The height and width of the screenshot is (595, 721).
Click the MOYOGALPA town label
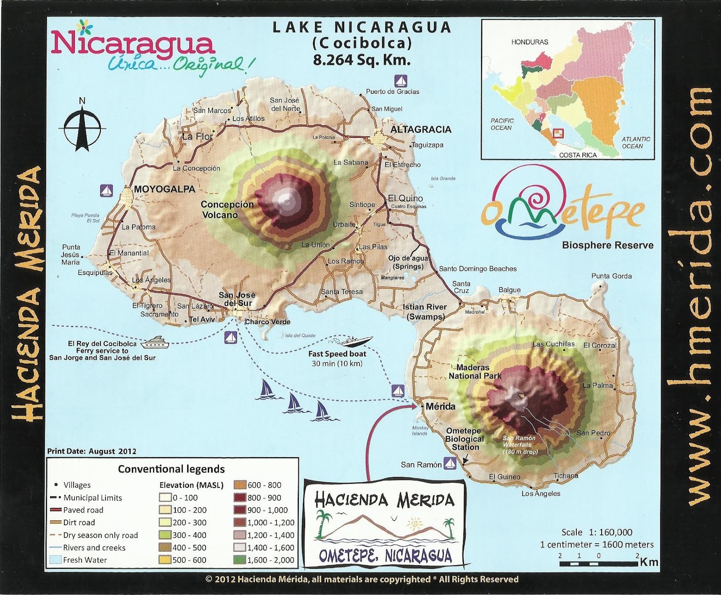coord(164,189)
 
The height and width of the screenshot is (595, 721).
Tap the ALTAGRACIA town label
coord(420,130)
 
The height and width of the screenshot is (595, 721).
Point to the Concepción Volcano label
coord(227,210)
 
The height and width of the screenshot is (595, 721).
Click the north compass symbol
coord(82,125)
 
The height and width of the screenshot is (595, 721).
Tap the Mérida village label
coord(440,407)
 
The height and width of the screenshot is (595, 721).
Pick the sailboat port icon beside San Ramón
coord(450,463)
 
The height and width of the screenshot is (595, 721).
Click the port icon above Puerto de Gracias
coord(401,81)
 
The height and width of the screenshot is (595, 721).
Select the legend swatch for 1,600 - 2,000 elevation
coord(240,560)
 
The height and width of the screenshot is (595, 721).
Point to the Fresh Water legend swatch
coord(56,560)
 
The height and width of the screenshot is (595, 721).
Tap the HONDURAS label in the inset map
coord(529,42)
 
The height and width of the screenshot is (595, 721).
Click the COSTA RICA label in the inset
coord(578,155)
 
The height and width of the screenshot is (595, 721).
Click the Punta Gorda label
coord(611,276)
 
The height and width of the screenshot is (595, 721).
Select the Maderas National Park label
coord(475,372)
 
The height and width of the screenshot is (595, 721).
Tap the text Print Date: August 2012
coord(92,451)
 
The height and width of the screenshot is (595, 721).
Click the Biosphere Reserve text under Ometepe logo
coord(607,245)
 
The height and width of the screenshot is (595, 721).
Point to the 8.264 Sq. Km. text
coord(362,60)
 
